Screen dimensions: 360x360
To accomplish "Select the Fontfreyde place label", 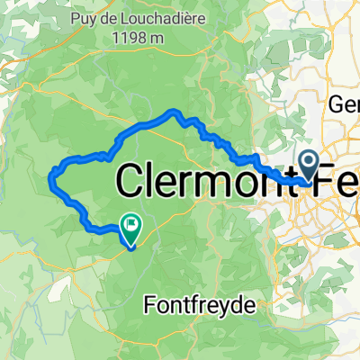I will [201, 305].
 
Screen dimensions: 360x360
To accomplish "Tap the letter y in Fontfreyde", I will [227, 309].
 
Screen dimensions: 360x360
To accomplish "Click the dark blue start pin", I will [309, 166].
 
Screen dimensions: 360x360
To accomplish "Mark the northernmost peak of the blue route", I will [173, 111].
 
